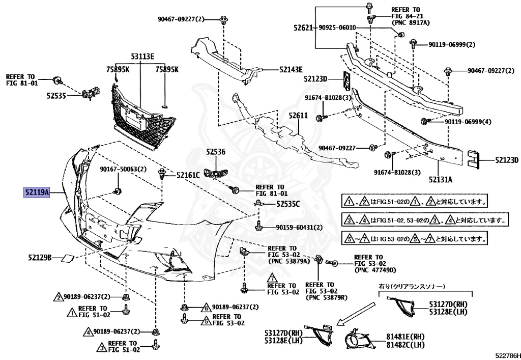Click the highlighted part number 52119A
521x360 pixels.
pos(36,193)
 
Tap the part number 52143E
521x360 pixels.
pos(291,69)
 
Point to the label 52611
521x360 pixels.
pos(299,116)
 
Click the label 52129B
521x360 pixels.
pos(40,258)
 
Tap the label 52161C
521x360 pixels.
pos(188,176)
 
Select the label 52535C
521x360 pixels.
pos(288,204)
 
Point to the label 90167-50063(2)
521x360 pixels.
pos(123,169)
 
